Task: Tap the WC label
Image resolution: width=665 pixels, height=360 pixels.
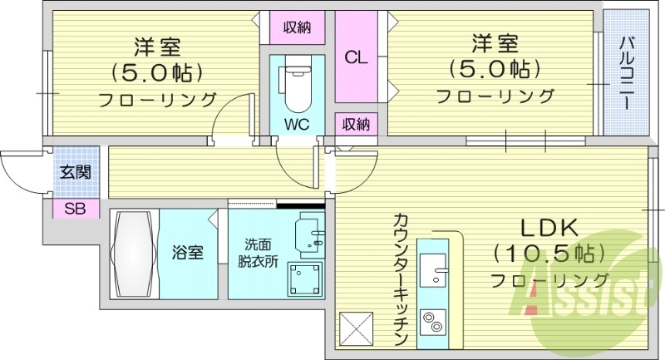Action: pyautogui.click(x=297, y=124)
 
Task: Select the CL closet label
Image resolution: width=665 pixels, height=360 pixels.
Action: pyautogui.click(x=357, y=57)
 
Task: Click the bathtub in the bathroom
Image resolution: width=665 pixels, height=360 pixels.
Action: pyautogui.click(x=134, y=253)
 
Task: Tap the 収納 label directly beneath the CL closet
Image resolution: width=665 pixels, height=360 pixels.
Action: pyautogui.click(x=357, y=125)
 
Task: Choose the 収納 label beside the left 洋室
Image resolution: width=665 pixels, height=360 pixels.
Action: pyautogui.click(x=297, y=27)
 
